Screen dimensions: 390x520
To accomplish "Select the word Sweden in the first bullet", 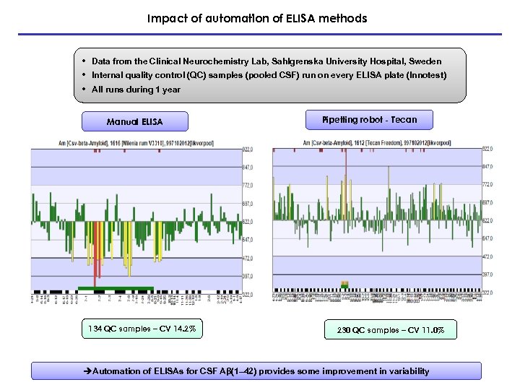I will tap(425, 61).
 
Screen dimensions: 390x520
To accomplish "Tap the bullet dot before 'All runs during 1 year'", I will tap(84, 90).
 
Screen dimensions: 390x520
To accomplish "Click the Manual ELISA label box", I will tap(134, 121).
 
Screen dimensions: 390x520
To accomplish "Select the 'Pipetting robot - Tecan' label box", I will tap(370, 119).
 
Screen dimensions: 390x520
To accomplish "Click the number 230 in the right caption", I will tap(343, 331).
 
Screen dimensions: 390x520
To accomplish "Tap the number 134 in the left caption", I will tap(95, 330).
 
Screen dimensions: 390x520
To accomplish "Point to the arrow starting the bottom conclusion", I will tap(87, 371).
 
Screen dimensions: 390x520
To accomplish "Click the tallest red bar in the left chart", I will tap(95, 253).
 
